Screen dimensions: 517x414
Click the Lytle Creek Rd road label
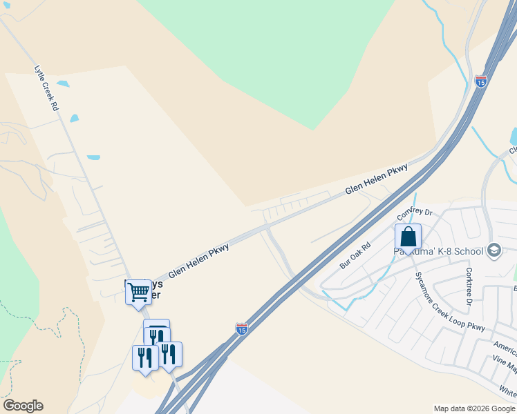coord(46,88)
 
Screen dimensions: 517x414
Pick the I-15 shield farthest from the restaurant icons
coord(481,81)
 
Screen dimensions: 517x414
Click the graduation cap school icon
coord(493,250)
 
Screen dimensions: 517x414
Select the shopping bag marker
coord(408,237)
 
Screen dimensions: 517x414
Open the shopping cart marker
coord(138,293)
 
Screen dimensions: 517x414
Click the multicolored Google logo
coord(23,406)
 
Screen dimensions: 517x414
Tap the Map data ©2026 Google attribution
coord(474,408)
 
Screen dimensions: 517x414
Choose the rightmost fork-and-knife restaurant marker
coord(169,355)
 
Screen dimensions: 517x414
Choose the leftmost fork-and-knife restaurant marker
coord(145,358)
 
